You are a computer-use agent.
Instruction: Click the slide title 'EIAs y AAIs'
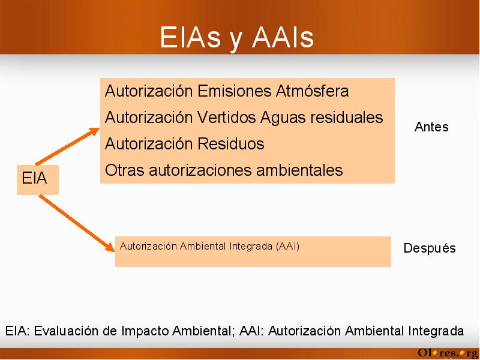pos(236,38)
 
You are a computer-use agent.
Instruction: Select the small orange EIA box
pos(38,179)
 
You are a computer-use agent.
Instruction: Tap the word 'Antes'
pos(431,127)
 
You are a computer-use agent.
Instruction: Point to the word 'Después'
pos(430,248)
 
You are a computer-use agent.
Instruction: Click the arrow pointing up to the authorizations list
pos(68,146)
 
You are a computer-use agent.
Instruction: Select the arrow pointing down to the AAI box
pos(77,223)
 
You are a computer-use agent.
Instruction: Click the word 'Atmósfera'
pos(312,91)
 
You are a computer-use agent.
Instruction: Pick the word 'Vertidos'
pos(226,117)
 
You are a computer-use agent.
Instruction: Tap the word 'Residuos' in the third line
pos(230,143)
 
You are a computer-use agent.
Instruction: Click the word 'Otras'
pos(125,170)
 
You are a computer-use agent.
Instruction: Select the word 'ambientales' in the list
pos(299,170)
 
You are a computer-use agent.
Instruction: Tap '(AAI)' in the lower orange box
pos(287,247)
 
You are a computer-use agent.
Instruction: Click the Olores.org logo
pos(448,353)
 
